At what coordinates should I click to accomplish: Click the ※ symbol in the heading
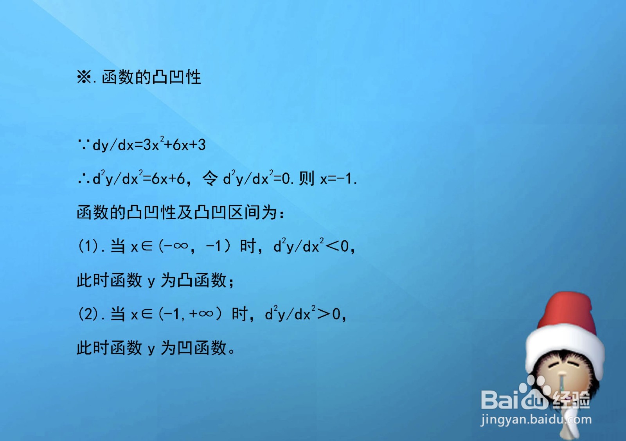[x=84, y=77]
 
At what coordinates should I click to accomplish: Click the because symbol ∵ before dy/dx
[x=84, y=145]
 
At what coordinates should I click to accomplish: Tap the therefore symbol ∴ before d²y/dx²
[x=84, y=179]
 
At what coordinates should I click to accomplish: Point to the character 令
[x=210, y=178]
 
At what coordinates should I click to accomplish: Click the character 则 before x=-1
[x=306, y=178]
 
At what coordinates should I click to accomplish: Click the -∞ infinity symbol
[x=177, y=246]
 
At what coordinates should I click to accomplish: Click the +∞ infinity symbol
[x=201, y=314]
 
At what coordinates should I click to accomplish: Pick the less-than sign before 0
[x=333, y=246]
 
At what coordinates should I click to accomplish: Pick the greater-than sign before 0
[x=324, y=314]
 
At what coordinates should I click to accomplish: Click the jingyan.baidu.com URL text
[x=536, y=420]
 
